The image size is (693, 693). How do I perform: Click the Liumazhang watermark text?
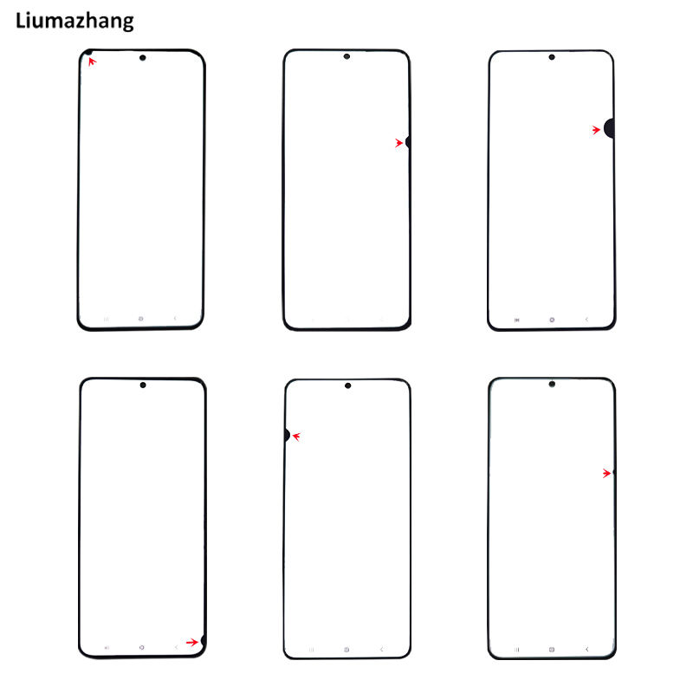[74, 19]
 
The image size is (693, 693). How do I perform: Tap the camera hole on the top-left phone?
[142, 58]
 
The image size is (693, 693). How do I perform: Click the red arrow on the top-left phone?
[92, 62]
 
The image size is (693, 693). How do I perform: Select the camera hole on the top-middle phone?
[346, 56]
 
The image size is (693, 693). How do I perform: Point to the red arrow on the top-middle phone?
[399, 143]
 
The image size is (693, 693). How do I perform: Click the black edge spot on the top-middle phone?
[408, 141]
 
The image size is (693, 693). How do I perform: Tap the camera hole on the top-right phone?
[551, 57]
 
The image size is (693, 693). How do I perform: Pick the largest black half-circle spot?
[610, 129]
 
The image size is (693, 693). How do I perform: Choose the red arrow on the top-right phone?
[596, 130]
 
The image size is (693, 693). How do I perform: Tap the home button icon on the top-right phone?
[551, 320]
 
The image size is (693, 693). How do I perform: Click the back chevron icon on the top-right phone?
[586, 320]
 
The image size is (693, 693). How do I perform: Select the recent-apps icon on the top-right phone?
[517, 320]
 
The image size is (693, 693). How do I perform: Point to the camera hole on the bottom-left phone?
[142, 385]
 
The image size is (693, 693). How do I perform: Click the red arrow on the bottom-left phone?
[191, 642]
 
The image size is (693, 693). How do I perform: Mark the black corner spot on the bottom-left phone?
[203, 642]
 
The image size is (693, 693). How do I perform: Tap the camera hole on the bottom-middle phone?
[346, 385]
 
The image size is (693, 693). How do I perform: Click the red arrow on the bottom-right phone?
[607, 473]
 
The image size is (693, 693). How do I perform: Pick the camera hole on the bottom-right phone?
[551, 384]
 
